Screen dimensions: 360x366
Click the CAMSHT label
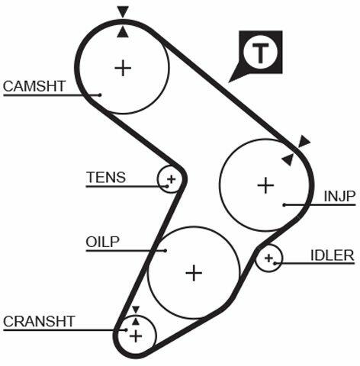tap(34, 86)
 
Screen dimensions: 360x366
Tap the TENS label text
tap(106, 177)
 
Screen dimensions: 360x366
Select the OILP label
tap(102, 242)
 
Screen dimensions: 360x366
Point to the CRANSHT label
tap(39, 321)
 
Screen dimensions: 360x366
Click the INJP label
tap(339, 196)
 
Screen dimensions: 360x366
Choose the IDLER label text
tap(333, 255)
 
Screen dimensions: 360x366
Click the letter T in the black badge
tap(260, 53)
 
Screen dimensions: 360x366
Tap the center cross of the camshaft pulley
tap(123, 68)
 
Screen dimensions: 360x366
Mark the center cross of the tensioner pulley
tap(172, 179)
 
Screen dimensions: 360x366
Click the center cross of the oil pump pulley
tap(194, 273)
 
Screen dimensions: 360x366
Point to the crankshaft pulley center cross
tap(136, 336)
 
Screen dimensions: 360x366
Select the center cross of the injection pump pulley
tap(265, 185)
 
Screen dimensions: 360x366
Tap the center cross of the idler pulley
tap(268, 258)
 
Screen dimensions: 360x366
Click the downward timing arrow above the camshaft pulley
tap(123, 11)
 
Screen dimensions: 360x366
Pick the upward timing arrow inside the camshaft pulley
tap(123, 32)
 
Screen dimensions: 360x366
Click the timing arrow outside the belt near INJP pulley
tap(304, 142)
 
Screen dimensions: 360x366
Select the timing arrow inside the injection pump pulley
tap(288, 159)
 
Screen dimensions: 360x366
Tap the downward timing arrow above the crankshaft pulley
tap(136, 310)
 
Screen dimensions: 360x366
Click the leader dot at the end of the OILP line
tap(166, 251)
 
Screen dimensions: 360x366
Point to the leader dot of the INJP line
tap(284, 205)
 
